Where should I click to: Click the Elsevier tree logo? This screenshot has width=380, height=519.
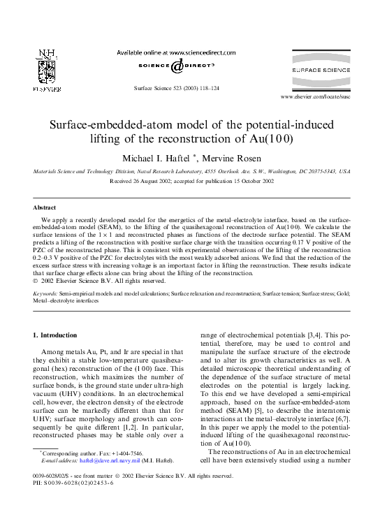47,71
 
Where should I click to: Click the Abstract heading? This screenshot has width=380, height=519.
45,207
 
